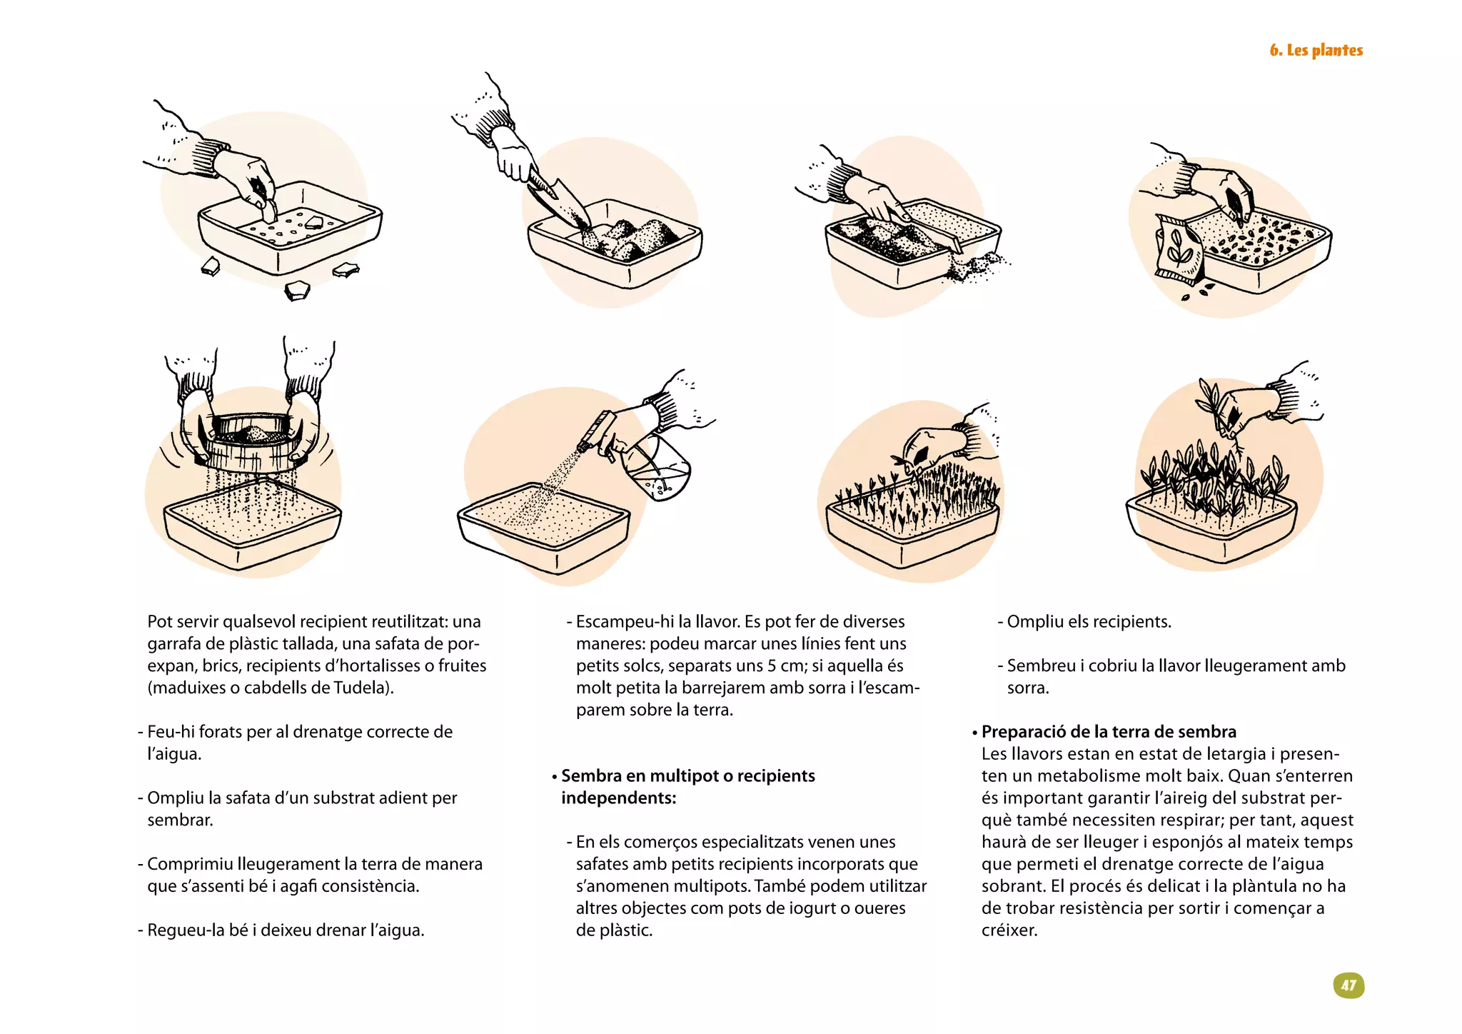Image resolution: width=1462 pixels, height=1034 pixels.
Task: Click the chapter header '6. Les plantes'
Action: click(x=1316, y=50)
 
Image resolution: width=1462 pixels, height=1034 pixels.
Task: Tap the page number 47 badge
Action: click(x=1348, y=985)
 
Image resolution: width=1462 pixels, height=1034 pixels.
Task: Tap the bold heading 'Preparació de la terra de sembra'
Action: click(x=1108, y=731)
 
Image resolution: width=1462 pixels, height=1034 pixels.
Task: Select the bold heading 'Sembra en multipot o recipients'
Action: click(x=687, y=775)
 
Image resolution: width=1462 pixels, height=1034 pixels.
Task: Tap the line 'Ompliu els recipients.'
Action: click(x=1089, y=621)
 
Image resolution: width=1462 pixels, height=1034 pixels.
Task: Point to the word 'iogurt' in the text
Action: click(x=812, y=908)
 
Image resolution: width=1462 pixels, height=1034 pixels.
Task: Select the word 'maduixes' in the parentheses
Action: click(x=185, y=688)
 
